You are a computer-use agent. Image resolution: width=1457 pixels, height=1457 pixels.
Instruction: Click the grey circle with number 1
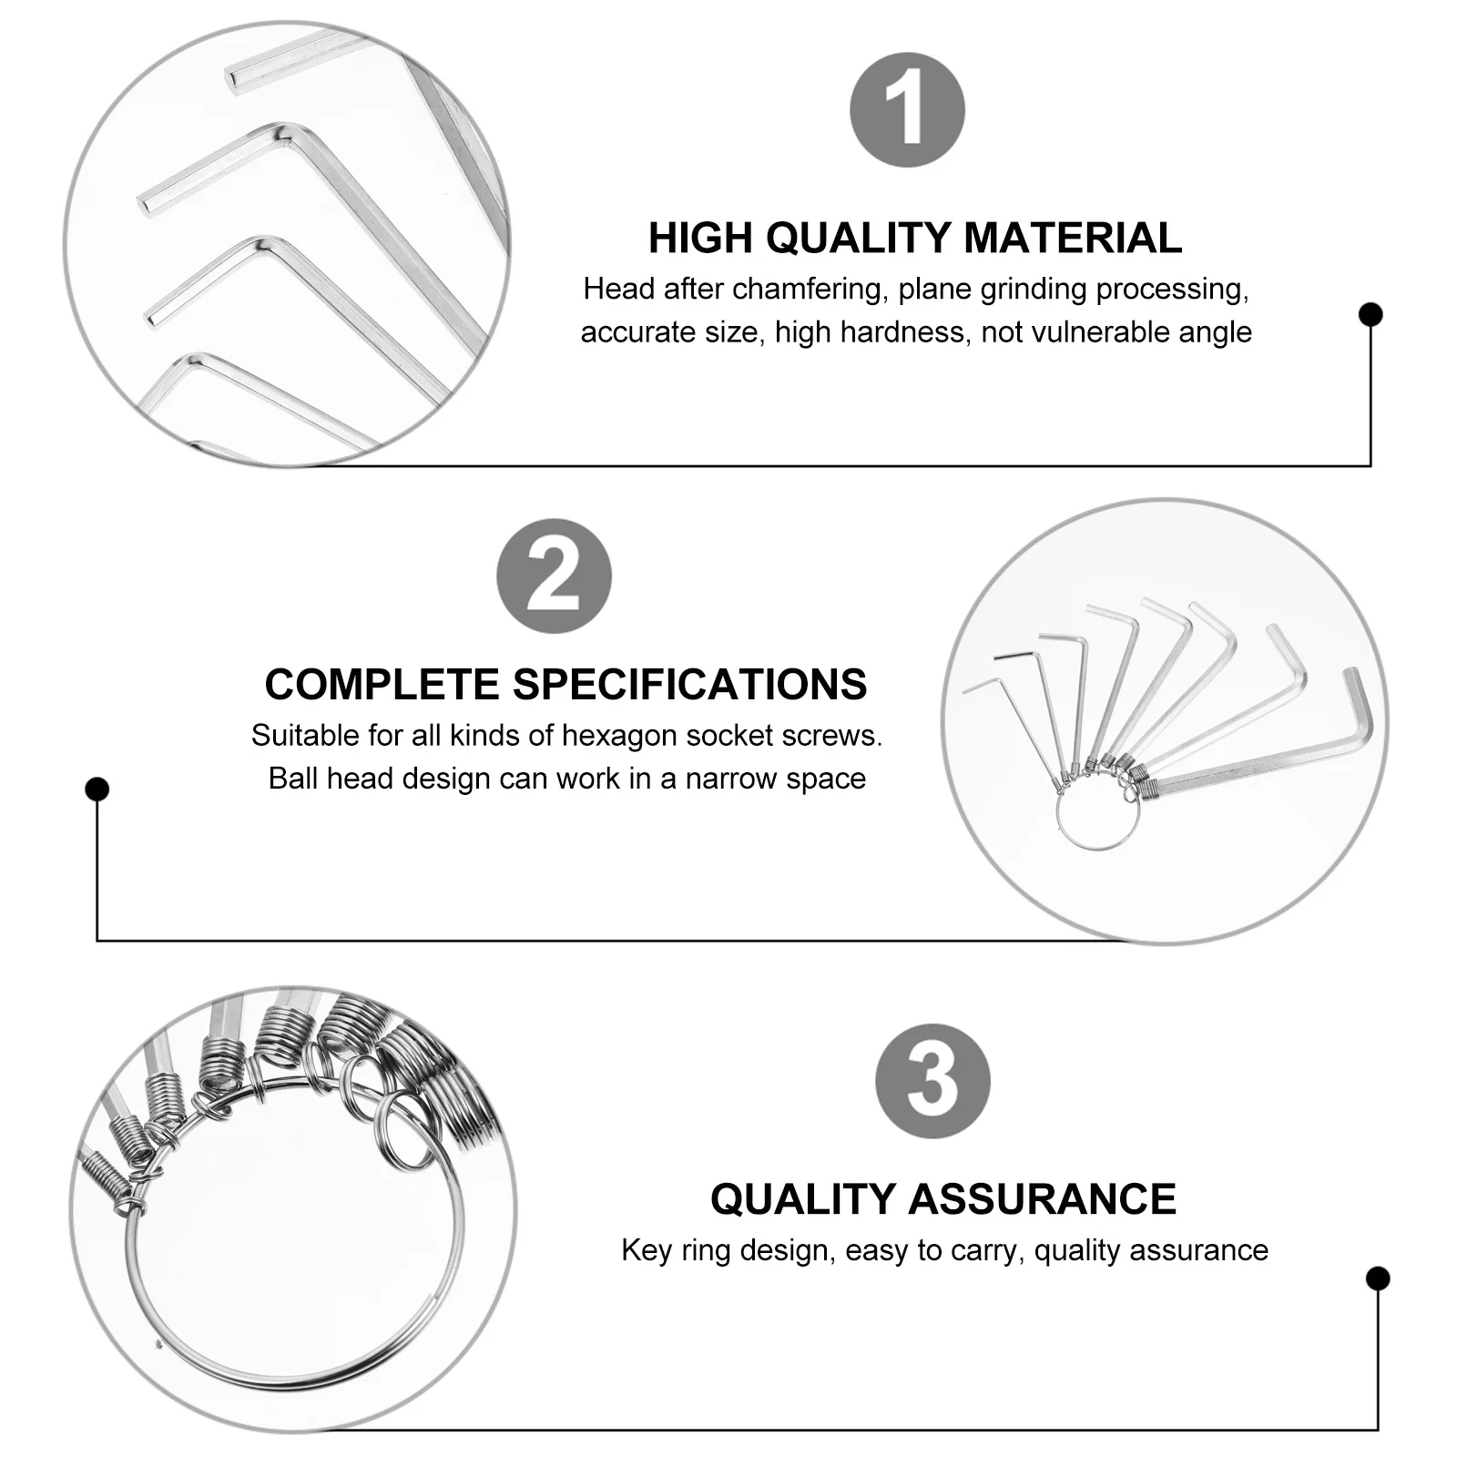tap(907, 110)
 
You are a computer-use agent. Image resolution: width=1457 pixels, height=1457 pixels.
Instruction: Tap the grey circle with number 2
tap(554, 576)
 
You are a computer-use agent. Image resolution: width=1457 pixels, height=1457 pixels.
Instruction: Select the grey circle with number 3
tap(932, 1081)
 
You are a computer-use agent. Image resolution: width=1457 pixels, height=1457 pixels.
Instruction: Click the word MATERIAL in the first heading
tap(1072, 239)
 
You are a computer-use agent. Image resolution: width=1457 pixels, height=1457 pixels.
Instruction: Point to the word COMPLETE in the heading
tap(382, 685)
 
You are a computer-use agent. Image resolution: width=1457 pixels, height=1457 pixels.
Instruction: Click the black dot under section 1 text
tap(1370, 314)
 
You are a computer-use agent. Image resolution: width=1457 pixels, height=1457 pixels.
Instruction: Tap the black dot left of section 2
tap(97, 789)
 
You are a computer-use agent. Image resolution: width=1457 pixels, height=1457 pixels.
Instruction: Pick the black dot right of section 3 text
tap(1378, 1279)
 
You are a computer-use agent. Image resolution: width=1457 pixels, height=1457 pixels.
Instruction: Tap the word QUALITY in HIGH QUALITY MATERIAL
tap(862, 239)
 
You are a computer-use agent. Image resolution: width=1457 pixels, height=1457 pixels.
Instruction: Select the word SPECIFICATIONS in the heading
tap(689, 685)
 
